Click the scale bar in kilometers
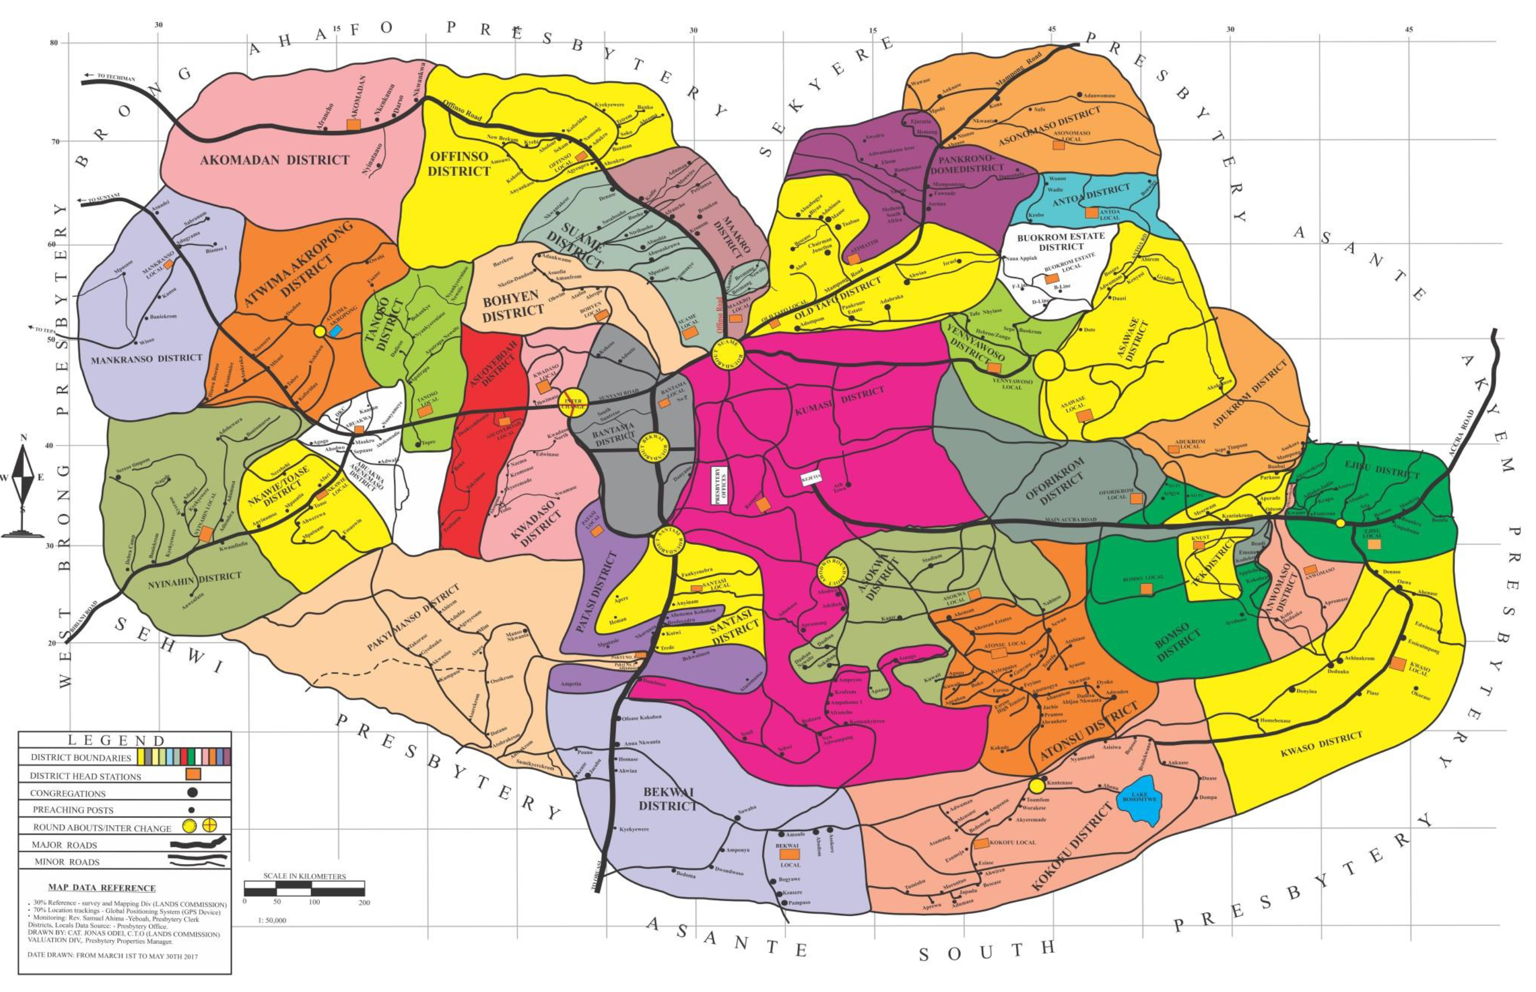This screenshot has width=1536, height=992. click(304, 891)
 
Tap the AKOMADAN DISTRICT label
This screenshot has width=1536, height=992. click(274, 160)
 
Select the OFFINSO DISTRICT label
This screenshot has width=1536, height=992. click(458, 164)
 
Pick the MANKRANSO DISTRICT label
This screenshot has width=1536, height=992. click(146, 359)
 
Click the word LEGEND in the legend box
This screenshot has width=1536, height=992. click(117, 741)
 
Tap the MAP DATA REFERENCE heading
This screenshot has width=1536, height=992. click(101, 888)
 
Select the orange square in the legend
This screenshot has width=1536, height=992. click(193, 775)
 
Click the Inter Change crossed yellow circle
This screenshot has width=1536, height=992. click(572, 403)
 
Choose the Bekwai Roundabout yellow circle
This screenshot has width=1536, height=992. click(654, 447)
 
